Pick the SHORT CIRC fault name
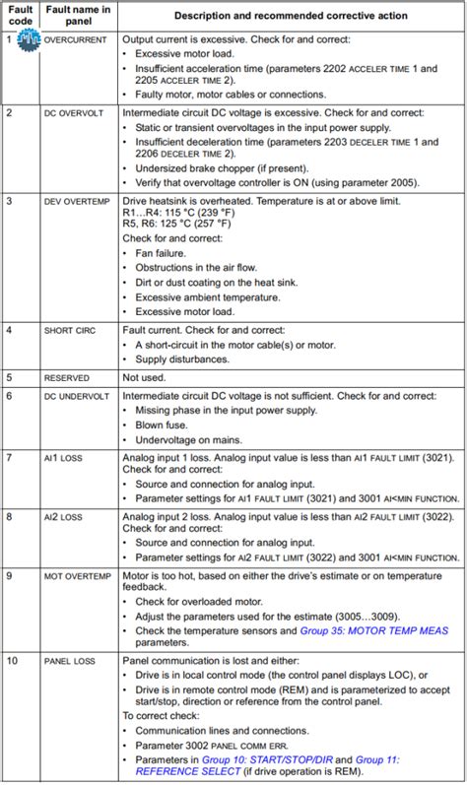point(70,330)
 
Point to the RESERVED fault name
point(67,377)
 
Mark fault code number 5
point(9,377)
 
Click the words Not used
point(146,377)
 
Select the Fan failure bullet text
point(165,253)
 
